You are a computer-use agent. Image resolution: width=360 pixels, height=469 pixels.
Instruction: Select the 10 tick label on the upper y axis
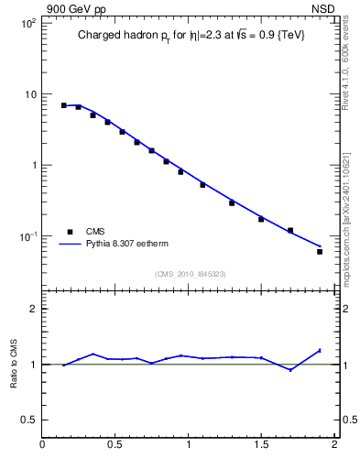coord(30,94)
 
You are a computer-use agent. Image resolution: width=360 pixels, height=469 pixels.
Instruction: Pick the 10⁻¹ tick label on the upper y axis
coord(27,236)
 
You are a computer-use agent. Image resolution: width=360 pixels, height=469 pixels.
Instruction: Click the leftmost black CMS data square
coord(64,105)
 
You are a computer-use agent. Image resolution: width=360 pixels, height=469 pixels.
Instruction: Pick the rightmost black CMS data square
coord(320,251)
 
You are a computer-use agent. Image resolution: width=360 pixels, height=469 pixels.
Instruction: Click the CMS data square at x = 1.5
coord(261,219)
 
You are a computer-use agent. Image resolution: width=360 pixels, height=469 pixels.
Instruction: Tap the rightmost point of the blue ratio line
coord(320,350)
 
